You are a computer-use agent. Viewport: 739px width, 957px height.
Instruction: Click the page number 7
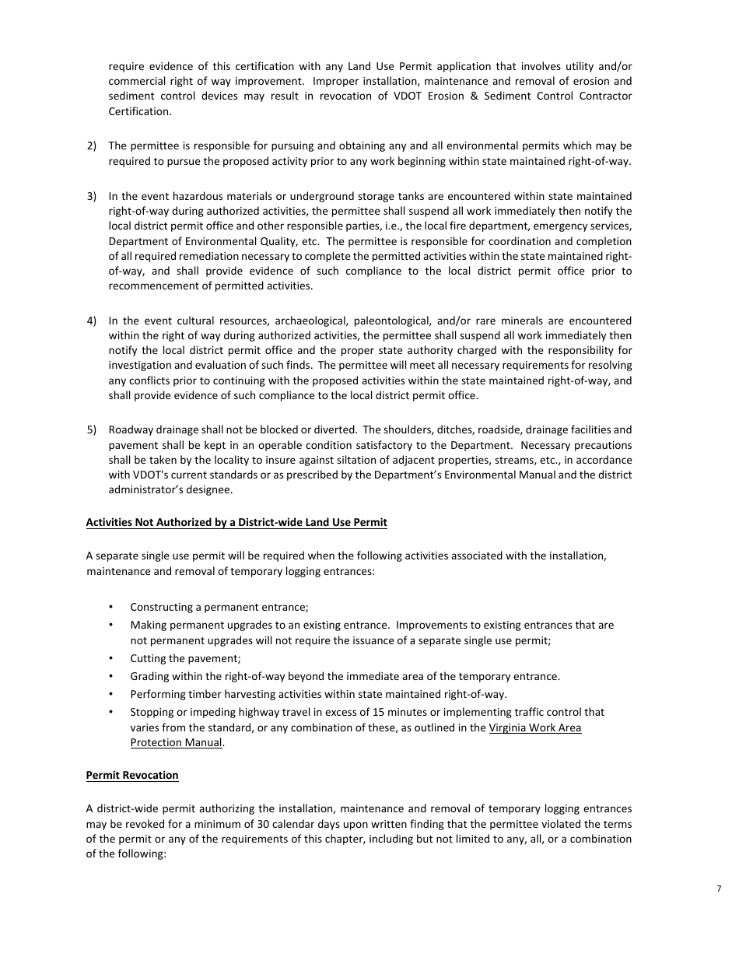(x=718, y=889)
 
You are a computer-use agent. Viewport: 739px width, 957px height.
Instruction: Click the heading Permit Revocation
(x=132, y=775)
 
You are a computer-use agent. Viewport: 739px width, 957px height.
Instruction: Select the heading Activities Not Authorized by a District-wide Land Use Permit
(x=236, y=522)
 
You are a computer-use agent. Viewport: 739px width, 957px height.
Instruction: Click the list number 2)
(x=92, y=145)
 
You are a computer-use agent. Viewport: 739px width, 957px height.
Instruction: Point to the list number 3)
(x=92, y=196)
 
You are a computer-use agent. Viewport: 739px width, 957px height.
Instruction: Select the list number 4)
(x=92, y=321)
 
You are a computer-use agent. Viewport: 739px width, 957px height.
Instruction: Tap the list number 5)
(x=92, y=429)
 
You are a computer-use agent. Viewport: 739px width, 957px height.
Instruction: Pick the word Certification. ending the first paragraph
(x=139, y=111)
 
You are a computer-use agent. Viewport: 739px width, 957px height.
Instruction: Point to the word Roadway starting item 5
(x=131, y=429)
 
